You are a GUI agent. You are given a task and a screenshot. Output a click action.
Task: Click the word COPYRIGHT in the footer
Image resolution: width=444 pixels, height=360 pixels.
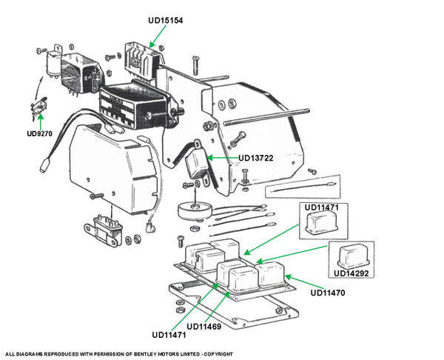(217, 353)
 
